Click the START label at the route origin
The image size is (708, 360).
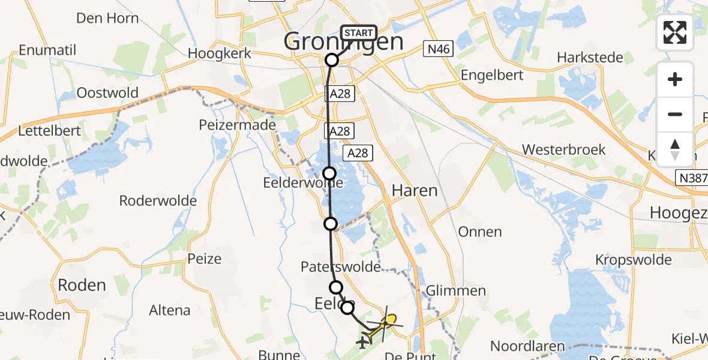click(359, 33)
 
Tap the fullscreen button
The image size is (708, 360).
click(675, 32)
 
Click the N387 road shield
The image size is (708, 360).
click(691, 178)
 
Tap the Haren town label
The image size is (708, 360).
click(414, 191)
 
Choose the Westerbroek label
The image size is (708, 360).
click(563, 149)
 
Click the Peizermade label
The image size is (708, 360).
click(238, 125)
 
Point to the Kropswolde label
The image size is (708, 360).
click(633, 260)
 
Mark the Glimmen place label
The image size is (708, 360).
click(455, 291)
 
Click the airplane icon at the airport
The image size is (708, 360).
click(362, 343)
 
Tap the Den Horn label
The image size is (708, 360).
click(108, 18)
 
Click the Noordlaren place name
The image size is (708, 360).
click(527, 346)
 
